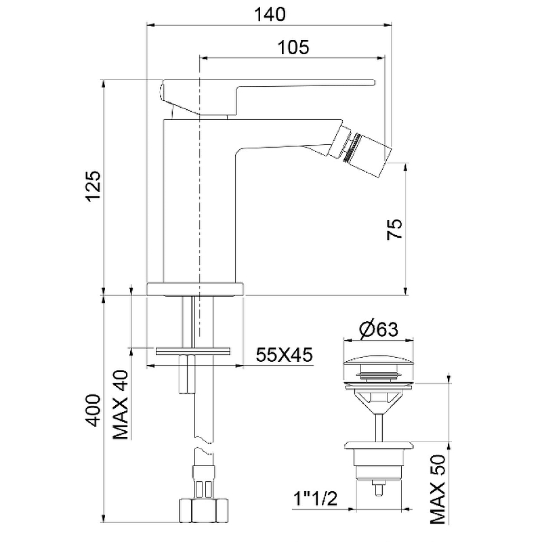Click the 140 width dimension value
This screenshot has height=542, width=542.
(270, 14)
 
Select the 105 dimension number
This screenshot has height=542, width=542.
(293, 47)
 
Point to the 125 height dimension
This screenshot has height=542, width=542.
(93, 186)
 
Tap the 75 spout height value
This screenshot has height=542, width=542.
(396, 230)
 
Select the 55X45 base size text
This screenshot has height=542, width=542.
(284, 355)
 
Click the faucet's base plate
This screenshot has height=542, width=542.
(195, 288)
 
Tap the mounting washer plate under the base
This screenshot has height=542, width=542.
(193, 351)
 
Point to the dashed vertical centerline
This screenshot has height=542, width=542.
(199, 203)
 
